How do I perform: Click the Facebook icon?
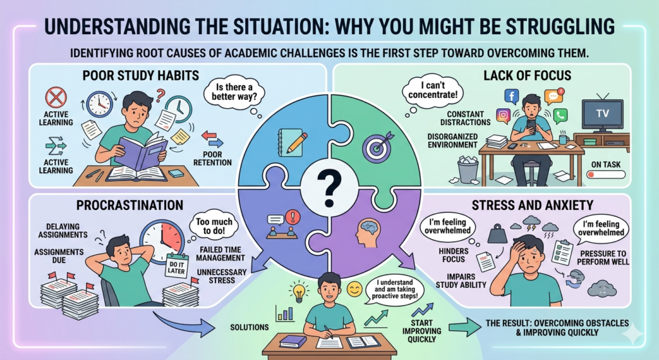pyautogui.click(x=512, y=97)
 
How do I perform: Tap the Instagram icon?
pyautogui.click(x=503, y=115)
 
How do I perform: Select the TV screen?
pyautogui.click(x=602, y=114)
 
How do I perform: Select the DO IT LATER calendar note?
pyautogui.click(x=176, y=267)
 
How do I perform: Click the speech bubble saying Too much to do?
pyautogui.click(x=214, y=225)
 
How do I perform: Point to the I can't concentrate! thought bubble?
pyautogui.click(x=432, y=90)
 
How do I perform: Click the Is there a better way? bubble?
pyautogui.click(x=234, y=92)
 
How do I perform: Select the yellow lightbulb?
pyautogui.click(x=299, y=293)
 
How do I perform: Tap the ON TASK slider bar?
pyautogui.click(x=606, y=174)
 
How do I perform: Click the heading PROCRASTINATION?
pyautogui.click(x=130, y=205)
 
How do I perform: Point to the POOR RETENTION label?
pyautogui.click(x=212, y=158)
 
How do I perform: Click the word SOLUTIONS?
pyautogui.click(x=250, y=327)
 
